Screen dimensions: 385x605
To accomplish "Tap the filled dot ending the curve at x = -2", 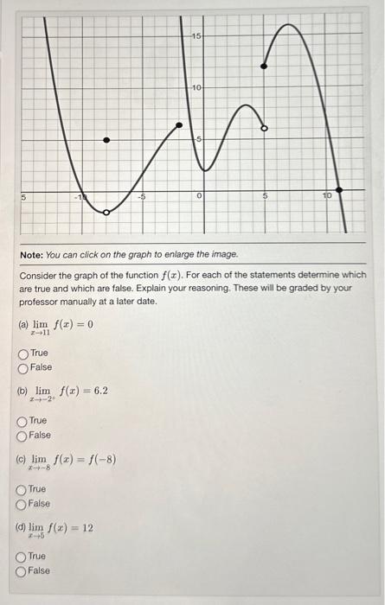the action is pos(180,126).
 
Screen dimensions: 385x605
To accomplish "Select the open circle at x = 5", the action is pos(265,128).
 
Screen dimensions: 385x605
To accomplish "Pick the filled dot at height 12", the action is pos(265,66).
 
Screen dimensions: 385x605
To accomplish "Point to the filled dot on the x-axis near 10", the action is pos(338,189).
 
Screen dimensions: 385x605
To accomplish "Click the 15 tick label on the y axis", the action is pos(196,36).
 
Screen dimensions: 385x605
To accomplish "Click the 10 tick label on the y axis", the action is pos(196,88).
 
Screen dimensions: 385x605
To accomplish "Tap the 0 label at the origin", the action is pos(199,198).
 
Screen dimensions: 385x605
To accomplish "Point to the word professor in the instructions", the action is pos(42,302).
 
